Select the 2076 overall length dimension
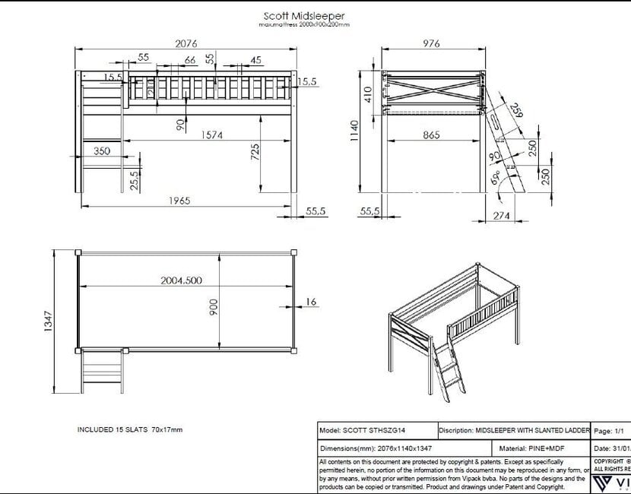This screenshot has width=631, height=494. [186, 43]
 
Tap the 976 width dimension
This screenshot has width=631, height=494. [431, 43]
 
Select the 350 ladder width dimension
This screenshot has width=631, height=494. [101, 151]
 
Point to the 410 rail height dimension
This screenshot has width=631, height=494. [368, 94]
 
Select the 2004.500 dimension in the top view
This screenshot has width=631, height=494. [181, 280]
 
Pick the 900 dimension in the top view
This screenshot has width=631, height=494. [214, 306]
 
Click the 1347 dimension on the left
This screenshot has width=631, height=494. [48, 321]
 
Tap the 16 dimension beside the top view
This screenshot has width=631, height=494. [311, 302]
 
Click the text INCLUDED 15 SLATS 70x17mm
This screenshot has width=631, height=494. [130, 429]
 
